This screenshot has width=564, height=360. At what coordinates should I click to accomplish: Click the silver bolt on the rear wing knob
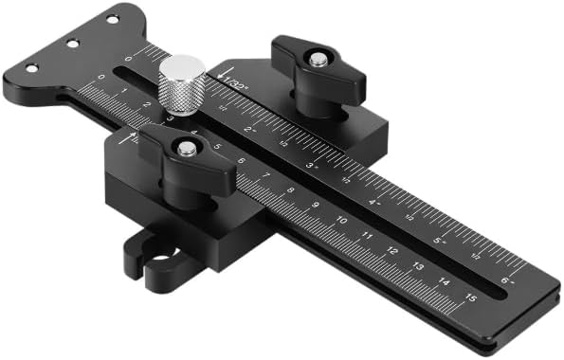click(x=319, y=59)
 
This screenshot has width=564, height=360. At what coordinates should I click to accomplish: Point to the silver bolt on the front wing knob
click(x=188, y=148)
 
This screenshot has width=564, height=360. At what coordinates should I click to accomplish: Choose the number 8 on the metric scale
click(x=291, y=190)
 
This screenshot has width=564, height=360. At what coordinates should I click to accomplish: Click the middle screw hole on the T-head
click(x=71, y=43)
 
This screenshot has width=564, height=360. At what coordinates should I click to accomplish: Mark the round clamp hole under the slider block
click(x=161, y=257)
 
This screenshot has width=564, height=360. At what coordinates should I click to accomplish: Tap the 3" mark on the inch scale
click(x=311, y=165)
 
